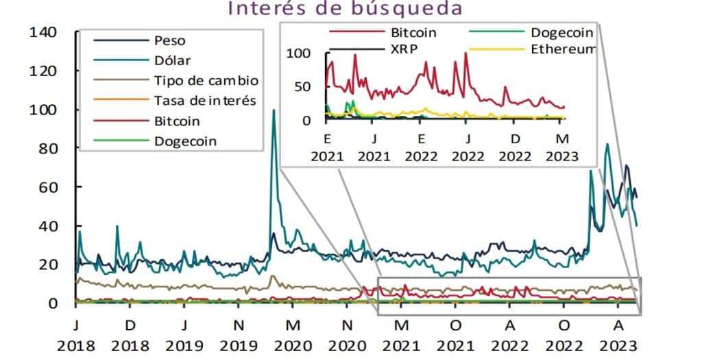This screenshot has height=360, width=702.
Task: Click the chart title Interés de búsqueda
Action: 346,9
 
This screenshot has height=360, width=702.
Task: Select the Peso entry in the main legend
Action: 169,40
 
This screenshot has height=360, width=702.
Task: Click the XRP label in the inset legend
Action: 404,50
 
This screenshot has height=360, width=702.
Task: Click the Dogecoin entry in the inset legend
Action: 561,32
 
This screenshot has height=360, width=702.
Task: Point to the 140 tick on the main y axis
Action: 43,32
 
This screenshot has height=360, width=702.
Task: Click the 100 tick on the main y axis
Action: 43,110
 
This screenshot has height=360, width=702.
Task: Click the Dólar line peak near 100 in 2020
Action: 274,110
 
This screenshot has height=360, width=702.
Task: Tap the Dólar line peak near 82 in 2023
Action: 607,144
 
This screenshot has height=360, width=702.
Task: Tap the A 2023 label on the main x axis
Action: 618,331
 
